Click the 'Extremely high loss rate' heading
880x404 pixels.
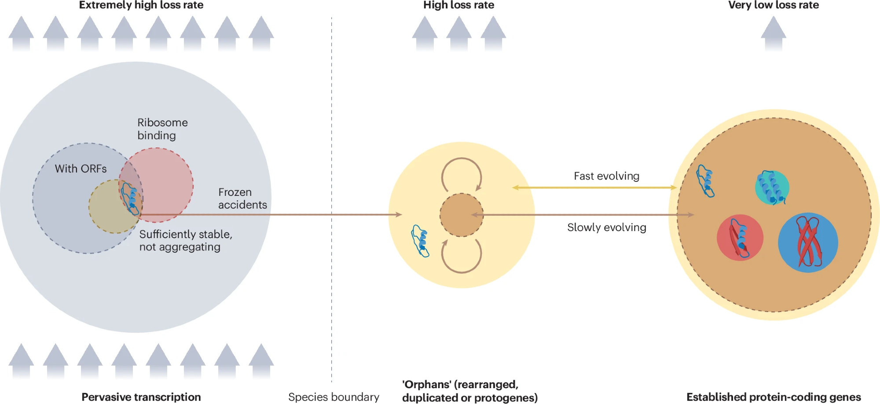[141, 5]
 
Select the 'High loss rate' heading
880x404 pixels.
[458, 5]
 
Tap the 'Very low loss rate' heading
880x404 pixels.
[773, 5]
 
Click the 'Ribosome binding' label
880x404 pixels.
[162, 129]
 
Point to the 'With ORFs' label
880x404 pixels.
[81, 169]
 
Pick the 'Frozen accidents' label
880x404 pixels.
[242, 198]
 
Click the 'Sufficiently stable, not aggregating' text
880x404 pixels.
[185, 240]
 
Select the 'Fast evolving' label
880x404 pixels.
[606, 176]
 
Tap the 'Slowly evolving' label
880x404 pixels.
[606, 228]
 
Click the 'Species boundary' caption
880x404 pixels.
[334, 397]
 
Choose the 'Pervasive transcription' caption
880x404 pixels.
[141, 397]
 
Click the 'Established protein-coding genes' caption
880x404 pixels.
[773, 397]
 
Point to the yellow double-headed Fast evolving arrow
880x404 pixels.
[594, 187]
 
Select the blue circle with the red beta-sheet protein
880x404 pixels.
[808, 242]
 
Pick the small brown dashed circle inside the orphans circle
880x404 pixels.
[462, 215]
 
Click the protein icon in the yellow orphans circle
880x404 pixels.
[420, 241]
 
